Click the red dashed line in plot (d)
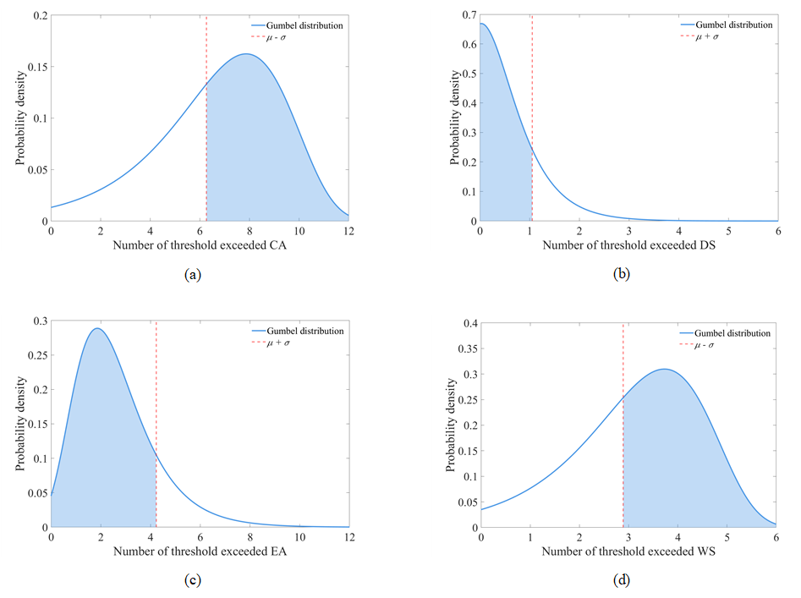(x=623, y=423)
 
